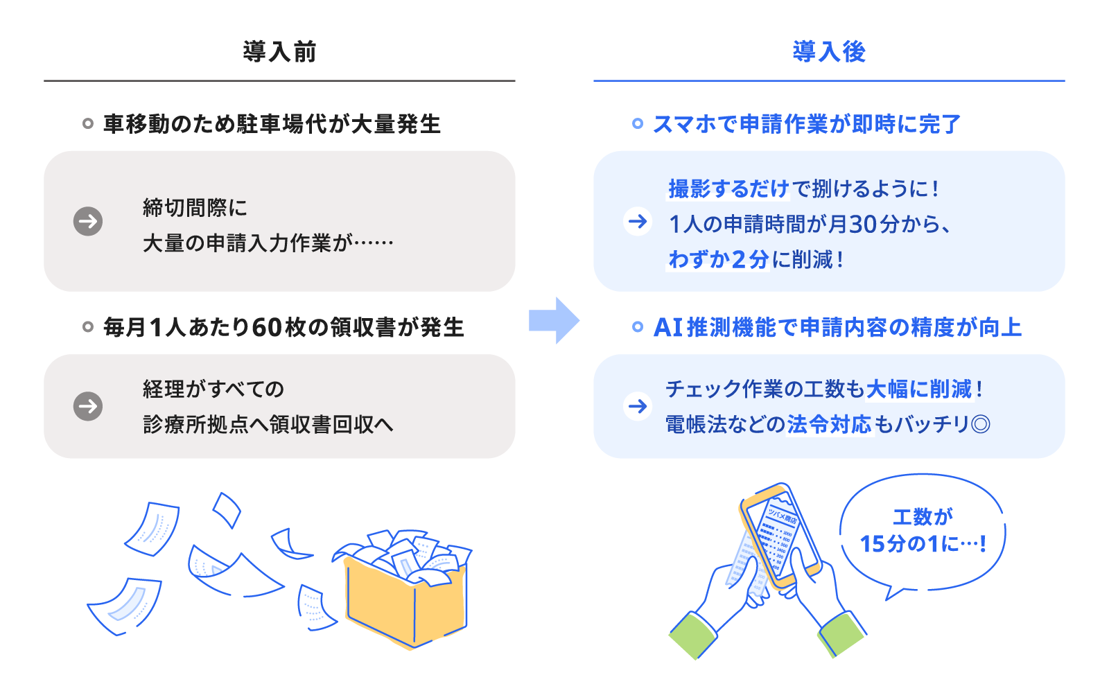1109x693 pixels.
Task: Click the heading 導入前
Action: [279, 52]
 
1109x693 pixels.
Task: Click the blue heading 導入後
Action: [829, 52]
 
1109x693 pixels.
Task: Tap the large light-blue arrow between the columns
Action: [554, 321]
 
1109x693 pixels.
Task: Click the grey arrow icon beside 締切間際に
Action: [88, 222]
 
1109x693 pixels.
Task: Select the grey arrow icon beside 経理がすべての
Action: [88, 406]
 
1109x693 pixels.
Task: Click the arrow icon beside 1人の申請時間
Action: [638, 222]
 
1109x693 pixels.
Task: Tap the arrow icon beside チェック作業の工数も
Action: [638, 406]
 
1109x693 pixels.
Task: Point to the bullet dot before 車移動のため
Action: [88, 124]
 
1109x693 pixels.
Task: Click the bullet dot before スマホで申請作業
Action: [638, 124]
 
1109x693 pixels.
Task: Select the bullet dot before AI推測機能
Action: [638, 327]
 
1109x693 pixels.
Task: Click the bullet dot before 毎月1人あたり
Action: [88, 327]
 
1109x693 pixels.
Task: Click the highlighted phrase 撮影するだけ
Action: [728, 188]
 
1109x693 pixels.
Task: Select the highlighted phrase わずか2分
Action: [718, 259]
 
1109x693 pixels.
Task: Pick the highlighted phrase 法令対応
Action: [829, 424]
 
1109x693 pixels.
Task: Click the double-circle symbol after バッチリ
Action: [981, 424]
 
